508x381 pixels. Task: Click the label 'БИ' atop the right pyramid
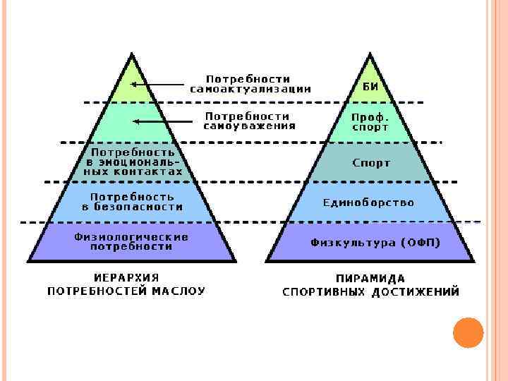pos(370,86)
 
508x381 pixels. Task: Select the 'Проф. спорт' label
pos(370,122)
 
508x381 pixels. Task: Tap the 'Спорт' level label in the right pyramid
pos(371,163)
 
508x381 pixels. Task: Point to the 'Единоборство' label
pos(369,202)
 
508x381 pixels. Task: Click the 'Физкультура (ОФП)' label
pos(375,242)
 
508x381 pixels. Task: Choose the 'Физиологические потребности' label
pos(131,242)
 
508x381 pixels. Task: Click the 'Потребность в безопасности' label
pos(131,202)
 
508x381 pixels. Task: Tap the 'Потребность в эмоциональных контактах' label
pos(133,162)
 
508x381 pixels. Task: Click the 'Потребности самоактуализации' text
pos(250,83)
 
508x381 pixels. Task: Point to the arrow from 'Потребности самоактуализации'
pos(159,85)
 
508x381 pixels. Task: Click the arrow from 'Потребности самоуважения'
pos(162,121)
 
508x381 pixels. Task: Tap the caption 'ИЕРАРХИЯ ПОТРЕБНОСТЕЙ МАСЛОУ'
pos(126,284)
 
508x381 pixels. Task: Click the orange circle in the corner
pos(468,332)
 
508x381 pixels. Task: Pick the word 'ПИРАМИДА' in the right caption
pos(371,278)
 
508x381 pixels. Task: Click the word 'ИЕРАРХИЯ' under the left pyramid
pos(126,277)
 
